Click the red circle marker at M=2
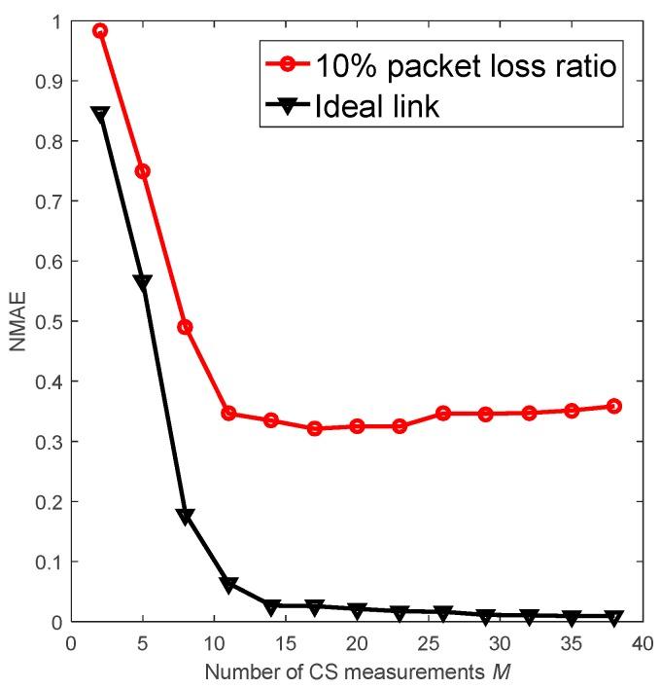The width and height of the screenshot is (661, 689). (x=99, y=31)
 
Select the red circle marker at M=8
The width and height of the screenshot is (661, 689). (x=185, y=327)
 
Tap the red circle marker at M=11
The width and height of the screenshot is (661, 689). (x=228, y=414)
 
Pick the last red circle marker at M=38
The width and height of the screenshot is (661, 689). (x=614, y=406)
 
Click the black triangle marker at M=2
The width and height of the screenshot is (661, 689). (x=99, y=114)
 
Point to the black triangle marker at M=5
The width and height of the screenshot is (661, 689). (x=142, y=282)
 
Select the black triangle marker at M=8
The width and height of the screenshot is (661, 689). (x=185, y=516)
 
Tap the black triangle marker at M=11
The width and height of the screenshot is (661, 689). (x=228, y=585)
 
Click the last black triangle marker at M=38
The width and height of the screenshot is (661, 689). (x=614, y=617)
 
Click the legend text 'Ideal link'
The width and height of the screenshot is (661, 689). (x=377, y=106)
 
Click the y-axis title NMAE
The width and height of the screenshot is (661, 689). (x=17, y=320)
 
